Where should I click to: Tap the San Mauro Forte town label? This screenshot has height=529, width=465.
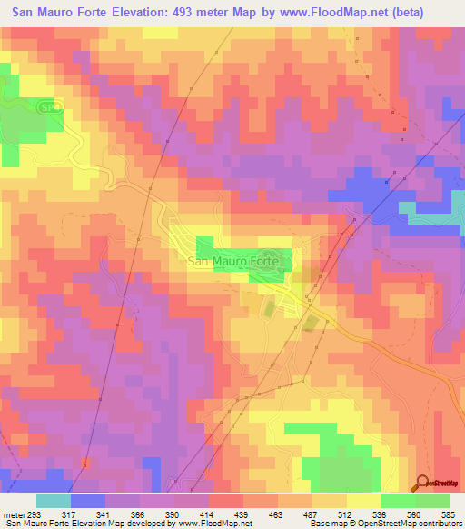pyautogui.click(x=235, y=261)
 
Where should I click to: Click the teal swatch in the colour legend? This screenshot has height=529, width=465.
pyautogui.click(x=54, y=501)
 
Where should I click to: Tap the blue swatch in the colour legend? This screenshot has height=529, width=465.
pyautogui.click(x=88, y=501)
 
